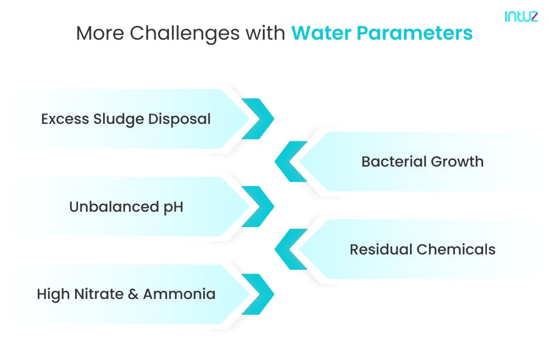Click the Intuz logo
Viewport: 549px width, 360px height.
point(521,17)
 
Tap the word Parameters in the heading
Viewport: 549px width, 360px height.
point(415,33)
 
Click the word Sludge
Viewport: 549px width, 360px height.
point(118,118)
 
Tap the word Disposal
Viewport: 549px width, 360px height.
point(180,118)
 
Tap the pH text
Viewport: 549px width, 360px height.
point(173,207)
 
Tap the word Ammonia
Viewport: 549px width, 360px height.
point(179,294)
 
